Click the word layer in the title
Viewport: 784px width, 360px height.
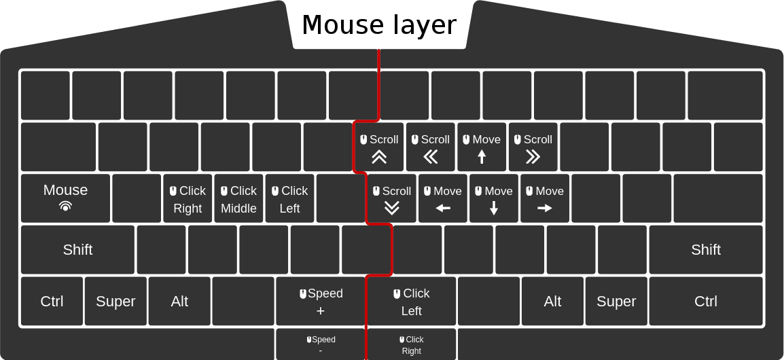(x=424, y=25)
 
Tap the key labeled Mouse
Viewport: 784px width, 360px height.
(x=65, y=198)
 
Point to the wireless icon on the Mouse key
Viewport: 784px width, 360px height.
(x=65, y=206)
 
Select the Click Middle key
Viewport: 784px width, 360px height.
(x=238, y=198)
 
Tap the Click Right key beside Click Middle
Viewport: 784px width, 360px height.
(x=188, y=198)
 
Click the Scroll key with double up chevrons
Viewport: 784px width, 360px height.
(x=379, y=147)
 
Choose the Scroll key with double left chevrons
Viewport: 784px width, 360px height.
(x=431, y=147)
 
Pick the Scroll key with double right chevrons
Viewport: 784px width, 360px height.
(x=533, y=147)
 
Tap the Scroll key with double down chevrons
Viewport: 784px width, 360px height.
(x=392, y=198)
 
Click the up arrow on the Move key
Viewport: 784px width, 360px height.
(x=482, y=157)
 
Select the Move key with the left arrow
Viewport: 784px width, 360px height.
(x=443, y=198)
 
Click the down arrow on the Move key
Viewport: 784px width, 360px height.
(x=494, y=208)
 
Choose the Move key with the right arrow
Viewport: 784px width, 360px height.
(x=545, y=198)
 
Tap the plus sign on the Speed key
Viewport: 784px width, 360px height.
(x=321, y=311)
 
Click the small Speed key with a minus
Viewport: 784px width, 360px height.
(x=321, y=344)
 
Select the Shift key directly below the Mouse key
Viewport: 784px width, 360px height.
(x=77, y=249)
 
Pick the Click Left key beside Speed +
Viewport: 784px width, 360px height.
(x=412, y=301)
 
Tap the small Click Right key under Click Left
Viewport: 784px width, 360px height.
(x=412, y=344)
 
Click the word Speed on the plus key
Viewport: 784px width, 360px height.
(x=325, y=293)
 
